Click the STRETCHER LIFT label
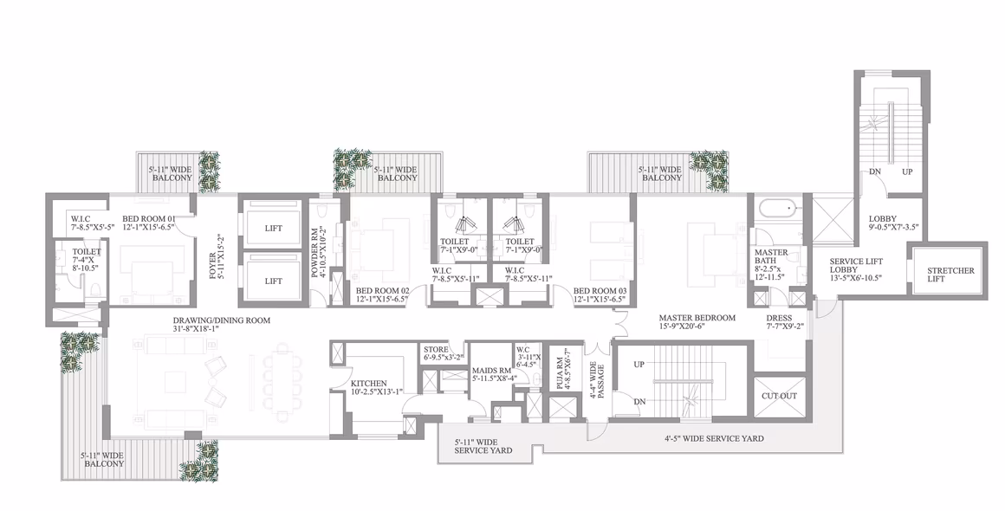(950, 275)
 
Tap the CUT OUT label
(780, 396)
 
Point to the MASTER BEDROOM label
(697, 318)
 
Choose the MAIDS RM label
(491, 370)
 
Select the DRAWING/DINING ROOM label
(221, 320)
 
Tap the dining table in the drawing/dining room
(282, 382)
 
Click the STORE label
(436, 350)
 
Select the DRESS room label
(779, 318)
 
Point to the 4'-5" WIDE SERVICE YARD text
(713, 438)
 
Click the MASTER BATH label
(770, 256)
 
